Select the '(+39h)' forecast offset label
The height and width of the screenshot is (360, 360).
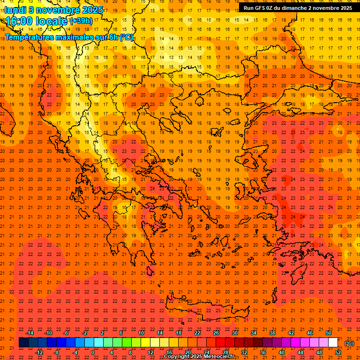[81, 22]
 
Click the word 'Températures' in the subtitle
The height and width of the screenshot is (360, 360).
[29, 37]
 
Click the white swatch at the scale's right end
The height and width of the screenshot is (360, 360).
[333, 343]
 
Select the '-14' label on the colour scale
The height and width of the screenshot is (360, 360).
[30, 333]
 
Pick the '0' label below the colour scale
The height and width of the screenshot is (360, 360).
[93, 352]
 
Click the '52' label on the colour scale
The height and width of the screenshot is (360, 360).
[338, 352]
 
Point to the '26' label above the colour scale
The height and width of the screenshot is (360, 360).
[216, 333]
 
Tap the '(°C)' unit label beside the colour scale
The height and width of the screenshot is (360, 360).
[349, 343]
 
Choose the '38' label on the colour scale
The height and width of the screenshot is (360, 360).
[272, 333]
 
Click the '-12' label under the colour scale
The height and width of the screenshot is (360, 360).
[39, 352]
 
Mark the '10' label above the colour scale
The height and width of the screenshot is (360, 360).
[141, 333]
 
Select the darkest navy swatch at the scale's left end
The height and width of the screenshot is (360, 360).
[23, 343]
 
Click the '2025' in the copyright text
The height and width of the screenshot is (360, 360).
[196, 357]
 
